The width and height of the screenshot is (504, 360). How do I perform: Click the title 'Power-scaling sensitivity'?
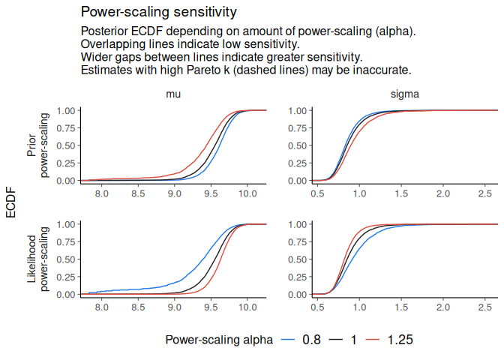pos(159,12)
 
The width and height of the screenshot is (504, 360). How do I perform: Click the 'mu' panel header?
pos(172,94)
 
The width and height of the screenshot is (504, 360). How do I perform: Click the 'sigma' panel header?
pos(405,94)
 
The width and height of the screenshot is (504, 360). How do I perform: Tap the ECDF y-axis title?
pos(11,202)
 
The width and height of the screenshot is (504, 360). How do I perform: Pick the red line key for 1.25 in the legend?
pos(374,340)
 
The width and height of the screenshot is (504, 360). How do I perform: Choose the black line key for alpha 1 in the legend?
pos(331,340)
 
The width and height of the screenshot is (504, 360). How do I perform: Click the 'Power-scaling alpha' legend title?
pos(219,340)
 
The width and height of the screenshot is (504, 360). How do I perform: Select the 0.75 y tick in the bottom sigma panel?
pos(296,241)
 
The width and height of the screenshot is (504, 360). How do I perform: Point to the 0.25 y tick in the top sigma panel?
pos(296,163)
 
